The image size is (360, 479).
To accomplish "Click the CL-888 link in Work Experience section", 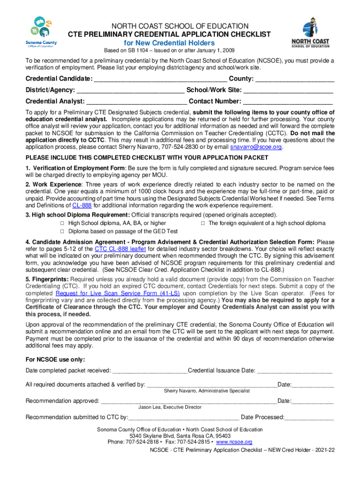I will (x=82, y=205).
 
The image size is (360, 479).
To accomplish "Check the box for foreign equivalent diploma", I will (x=203, y=224).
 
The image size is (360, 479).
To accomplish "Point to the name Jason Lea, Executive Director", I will (x=170, y=407).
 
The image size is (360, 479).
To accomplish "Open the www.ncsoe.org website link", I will (x=234, y=442).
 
